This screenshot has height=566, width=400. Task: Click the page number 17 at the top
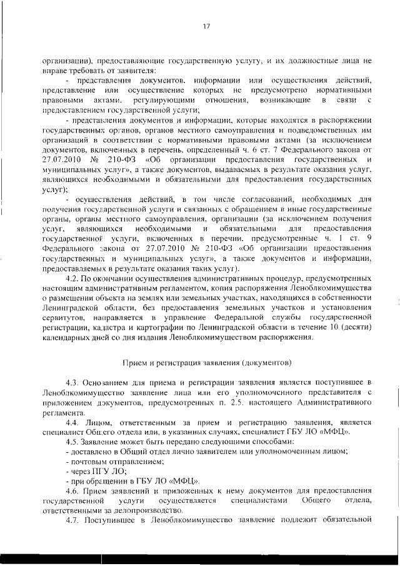206,26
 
